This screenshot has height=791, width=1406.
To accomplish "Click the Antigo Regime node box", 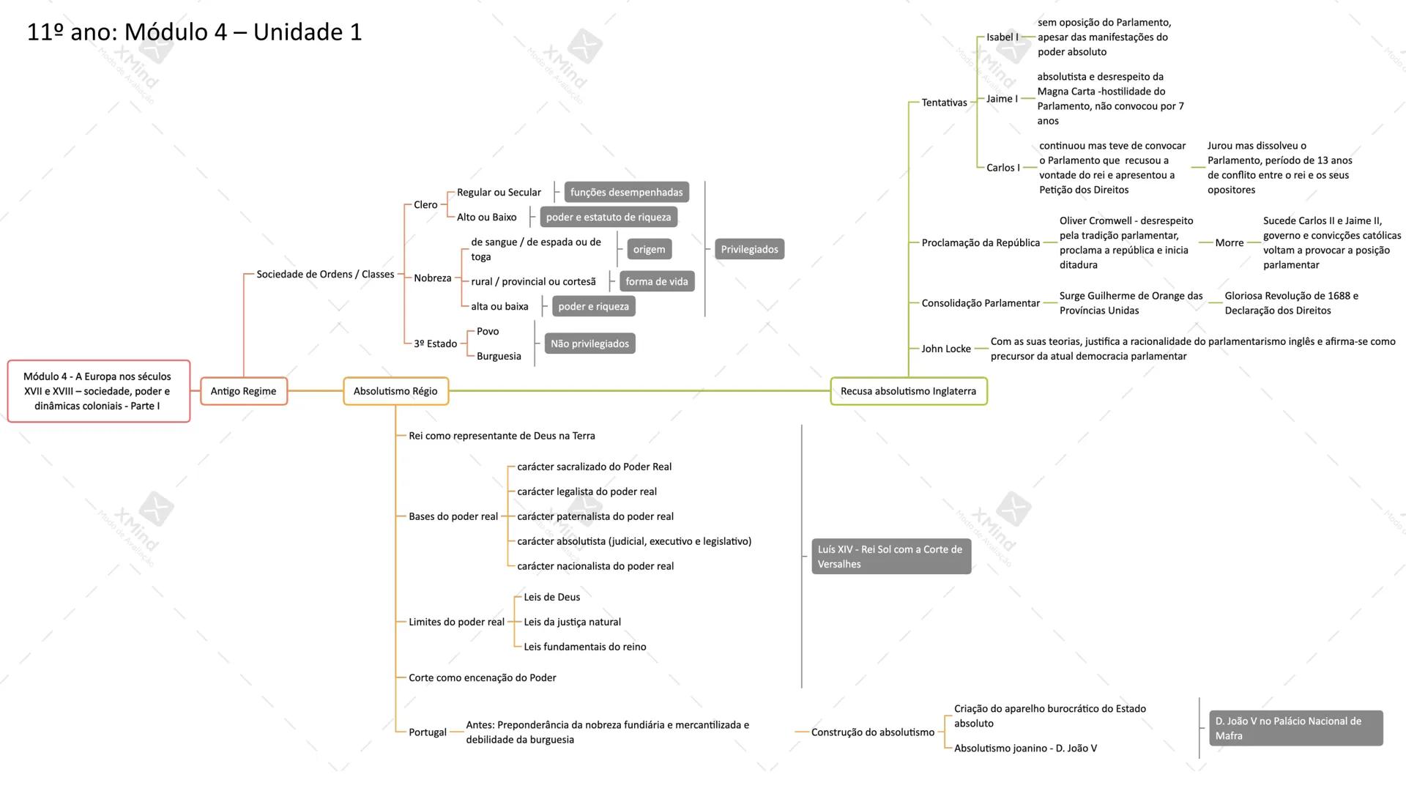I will pos(243,391).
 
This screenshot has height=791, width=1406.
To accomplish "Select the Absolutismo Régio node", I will pos(395,391).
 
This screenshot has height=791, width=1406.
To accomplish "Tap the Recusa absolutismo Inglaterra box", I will pos(908,391).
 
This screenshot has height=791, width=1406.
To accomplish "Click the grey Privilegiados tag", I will pos(749,249).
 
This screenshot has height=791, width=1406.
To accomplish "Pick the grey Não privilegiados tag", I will pos(589,343).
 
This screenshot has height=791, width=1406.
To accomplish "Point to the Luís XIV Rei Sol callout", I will pos(890,557).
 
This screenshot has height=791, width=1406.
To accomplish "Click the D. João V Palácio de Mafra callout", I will pos(1295,728).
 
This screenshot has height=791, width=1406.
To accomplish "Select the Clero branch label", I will pos(425,205).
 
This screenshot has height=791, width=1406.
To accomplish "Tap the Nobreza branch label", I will pos(432,278).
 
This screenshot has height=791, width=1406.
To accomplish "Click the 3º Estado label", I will pos(435,343).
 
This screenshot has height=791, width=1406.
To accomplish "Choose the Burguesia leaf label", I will pos(499,356).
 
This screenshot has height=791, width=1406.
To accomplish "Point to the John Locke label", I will pos(945,349).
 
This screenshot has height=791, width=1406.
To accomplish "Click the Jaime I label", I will pos(1002,99).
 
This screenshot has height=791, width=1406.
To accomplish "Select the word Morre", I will pos(1229,243).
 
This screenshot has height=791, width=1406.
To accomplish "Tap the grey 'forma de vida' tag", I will pos(656,281).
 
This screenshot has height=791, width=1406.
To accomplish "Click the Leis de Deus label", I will pos(551,597).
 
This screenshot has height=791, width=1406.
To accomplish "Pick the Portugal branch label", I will pos(427,732).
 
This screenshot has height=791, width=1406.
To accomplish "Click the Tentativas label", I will pos(944,103).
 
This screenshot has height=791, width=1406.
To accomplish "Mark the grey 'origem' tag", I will pos(649,249).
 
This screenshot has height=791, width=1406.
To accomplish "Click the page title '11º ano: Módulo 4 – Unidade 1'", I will pos(194,32).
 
